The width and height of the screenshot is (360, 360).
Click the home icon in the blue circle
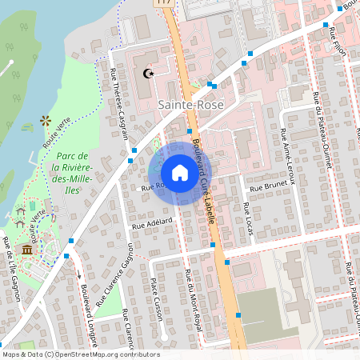[179, 173]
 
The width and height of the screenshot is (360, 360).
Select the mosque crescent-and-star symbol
[146, 74]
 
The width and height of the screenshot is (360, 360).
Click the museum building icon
[27, 250]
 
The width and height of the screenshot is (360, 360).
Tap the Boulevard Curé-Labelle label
[202, 187]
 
